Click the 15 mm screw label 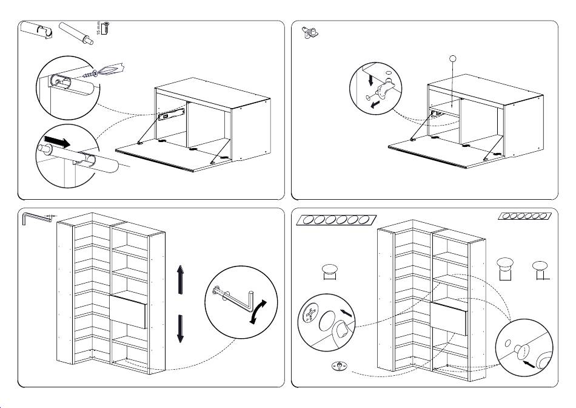coord(98,28)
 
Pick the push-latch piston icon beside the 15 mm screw coord(76,33)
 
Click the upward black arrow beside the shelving coord(180,280)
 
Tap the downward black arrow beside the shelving coord(180,328)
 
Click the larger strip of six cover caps coord(335,220)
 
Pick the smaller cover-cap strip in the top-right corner coord(525,216)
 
